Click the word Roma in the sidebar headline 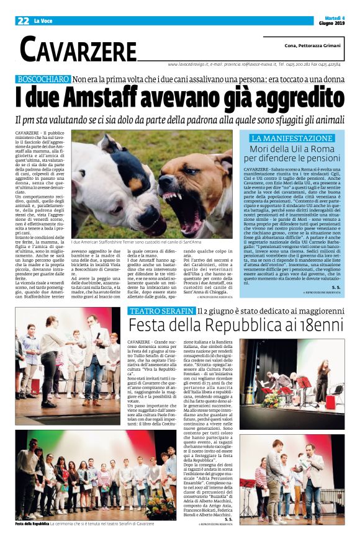click(322, 149)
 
